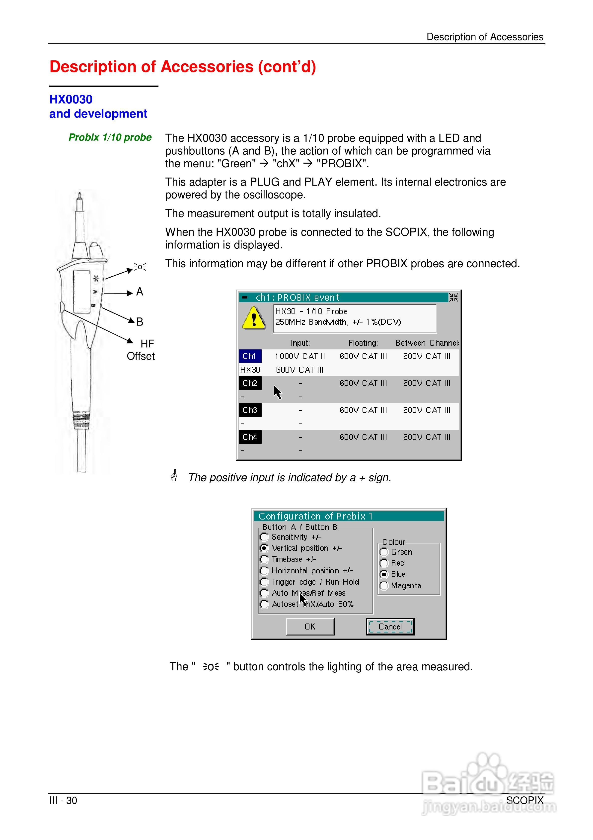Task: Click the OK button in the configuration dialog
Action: pos(310,626)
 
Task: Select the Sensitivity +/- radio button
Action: pos(264,537)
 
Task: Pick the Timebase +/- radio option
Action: pos(264,559)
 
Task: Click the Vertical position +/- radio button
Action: pos(264,548)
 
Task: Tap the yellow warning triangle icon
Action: pos(254,318)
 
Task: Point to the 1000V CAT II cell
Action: pos(300,356)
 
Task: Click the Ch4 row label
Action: pos(250,437)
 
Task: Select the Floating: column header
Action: pos(363,343)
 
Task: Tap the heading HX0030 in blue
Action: pos(71,100)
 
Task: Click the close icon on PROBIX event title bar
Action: pos(453,298)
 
